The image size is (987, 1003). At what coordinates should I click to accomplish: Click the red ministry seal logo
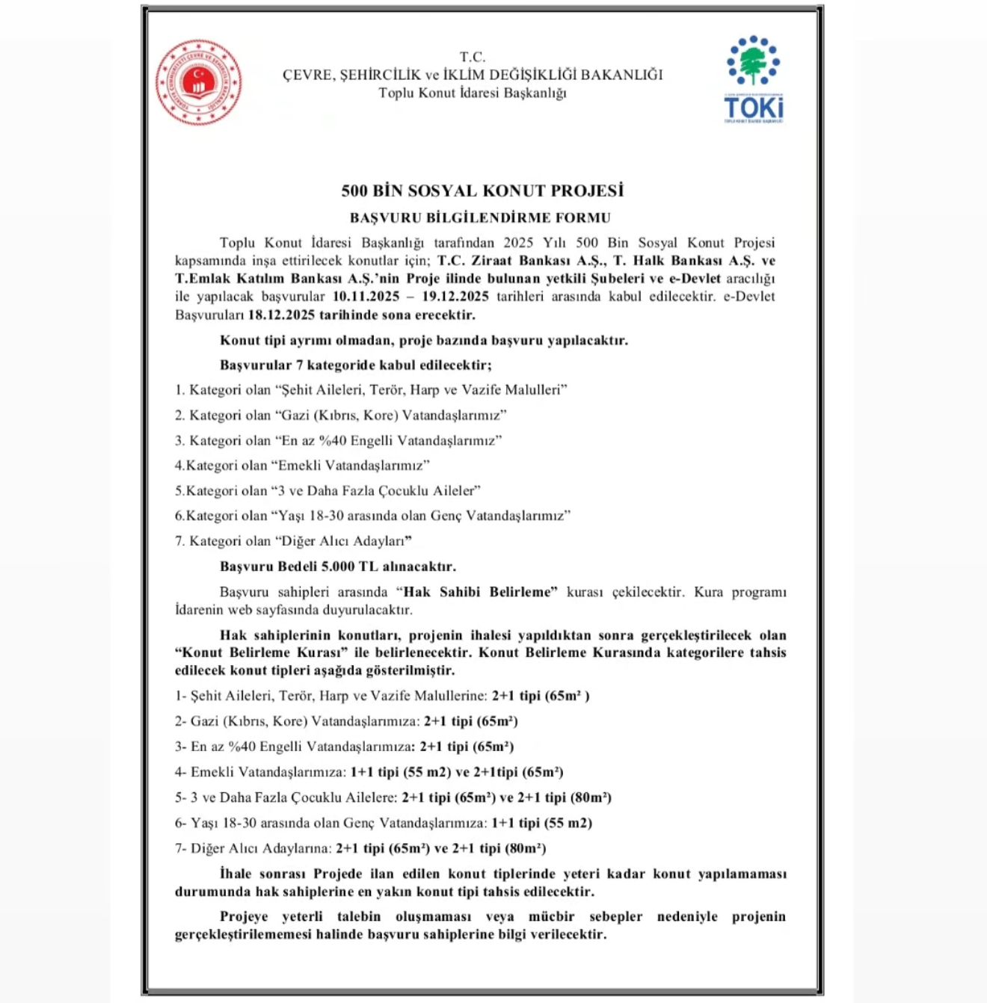[x=198, y=82]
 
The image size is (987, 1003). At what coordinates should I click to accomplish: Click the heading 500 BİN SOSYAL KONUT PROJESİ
[x=482, y=191]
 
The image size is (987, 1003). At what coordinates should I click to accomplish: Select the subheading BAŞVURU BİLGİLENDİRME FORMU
[x=480, y=218]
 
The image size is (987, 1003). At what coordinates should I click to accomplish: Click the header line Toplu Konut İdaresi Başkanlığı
[x=472, y=93]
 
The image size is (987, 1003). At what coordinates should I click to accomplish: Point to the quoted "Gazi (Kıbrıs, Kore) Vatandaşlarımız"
[x=391, y=415]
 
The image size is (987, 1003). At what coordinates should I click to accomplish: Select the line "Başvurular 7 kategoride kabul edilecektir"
[x=355, y=365]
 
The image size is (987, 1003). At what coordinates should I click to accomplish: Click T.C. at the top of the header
[x=472, y=57]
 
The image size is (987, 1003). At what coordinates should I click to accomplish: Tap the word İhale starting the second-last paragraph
[x=236, y=874]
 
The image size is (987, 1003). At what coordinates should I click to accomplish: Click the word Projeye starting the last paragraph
[x=244, y=916]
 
